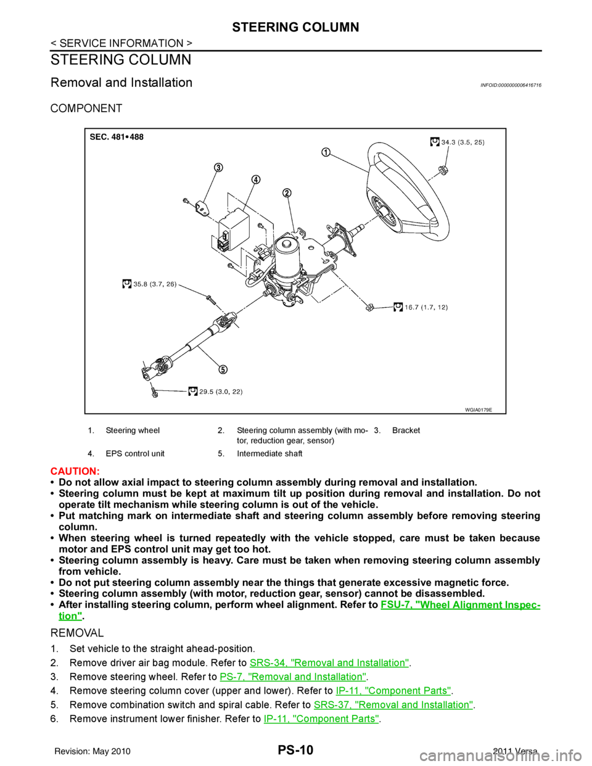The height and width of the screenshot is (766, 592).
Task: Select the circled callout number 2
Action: click(287, 193)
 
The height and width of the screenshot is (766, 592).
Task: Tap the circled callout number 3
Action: click(218, 168)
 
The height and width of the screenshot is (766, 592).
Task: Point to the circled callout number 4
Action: click(255, 179)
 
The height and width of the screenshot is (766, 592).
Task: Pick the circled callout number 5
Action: click(222, 369)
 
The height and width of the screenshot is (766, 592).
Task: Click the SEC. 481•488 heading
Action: click(117, 137)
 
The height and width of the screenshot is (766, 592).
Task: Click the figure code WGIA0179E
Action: click(483, 408)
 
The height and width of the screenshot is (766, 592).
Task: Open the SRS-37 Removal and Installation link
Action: click(393, 704)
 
